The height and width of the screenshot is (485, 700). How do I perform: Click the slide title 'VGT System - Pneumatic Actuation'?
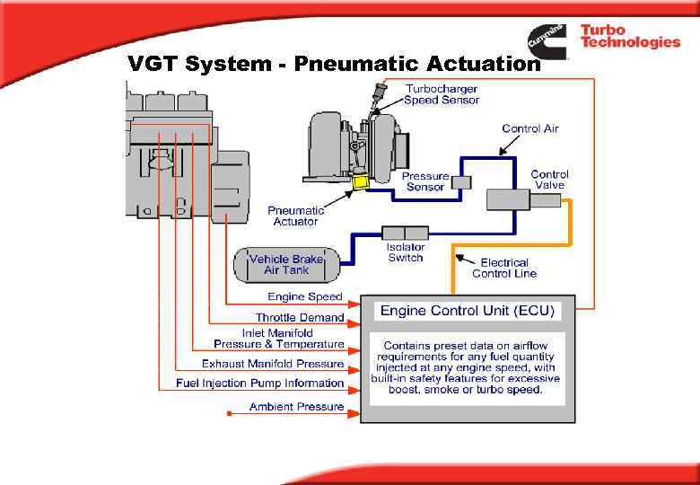[x=334, y=64]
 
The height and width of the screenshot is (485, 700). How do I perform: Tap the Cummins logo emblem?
[x=547, y=40]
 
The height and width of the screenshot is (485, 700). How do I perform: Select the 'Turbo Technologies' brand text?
[x=629, y=37]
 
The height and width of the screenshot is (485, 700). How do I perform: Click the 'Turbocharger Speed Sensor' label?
[x=441, y=94]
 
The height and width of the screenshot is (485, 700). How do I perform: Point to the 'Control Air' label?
[x=529, y=128]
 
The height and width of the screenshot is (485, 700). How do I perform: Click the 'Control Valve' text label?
[x=549, y=180]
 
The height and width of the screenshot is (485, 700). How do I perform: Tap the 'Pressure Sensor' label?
[x=424, y=181]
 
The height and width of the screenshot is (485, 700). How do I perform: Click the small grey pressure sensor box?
[x=461, y=182]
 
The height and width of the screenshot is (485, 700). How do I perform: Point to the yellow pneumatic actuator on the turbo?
[x=363, y=182]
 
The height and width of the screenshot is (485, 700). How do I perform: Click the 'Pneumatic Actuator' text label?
[x=295, y=216]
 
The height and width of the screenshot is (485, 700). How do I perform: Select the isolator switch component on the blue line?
[x=406, y=232]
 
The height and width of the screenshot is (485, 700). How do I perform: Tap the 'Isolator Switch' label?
[x=406, y=252]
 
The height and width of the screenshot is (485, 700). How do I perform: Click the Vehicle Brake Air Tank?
[x=287, y=264]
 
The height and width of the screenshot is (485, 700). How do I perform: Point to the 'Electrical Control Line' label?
[x=504, y=268]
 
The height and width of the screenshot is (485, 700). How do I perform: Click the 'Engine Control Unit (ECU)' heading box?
[x=468, y=311]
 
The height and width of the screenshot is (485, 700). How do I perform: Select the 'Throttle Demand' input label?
[x=299, y=317]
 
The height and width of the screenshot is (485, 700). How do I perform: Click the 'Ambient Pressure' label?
[x=296, y=407]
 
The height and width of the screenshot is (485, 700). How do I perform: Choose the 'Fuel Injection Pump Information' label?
[x=259, y=384]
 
